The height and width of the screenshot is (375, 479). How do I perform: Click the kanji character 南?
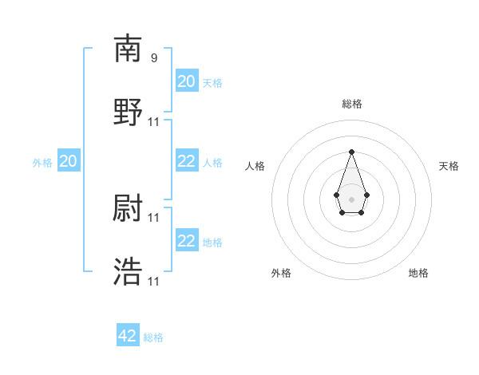[x=128, y=49]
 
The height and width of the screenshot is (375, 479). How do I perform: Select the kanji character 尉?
[x=128, y=209]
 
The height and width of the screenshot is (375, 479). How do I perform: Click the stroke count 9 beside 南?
[x=154, y=58]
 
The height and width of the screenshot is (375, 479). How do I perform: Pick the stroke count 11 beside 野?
[x=154, y=122]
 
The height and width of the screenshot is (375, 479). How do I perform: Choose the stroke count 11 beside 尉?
[x=154, y=217]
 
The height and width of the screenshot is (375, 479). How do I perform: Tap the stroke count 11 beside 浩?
[x=154, y=281]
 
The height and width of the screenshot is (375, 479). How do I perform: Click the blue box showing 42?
[x=128, y=336]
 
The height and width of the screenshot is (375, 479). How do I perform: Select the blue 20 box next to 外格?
[x=69, y=162]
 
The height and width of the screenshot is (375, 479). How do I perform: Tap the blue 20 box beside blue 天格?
[x=187, y=81]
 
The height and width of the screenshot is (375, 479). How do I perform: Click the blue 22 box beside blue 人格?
[x=187, y=161]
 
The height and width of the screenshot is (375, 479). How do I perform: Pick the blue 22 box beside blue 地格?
[x=187, y=241]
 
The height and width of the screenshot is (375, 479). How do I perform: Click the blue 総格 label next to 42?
[x=153, y=337]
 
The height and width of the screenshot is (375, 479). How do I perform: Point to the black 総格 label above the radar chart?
[x=352, y=104]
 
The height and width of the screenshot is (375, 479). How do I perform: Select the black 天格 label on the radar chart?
[x=449, y=166]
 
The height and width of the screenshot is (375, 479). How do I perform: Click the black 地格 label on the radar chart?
[x=418, y=273]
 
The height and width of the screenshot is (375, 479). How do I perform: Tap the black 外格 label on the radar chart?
[x=281, y=273]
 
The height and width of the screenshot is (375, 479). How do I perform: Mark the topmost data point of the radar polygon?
[x=351, y=152]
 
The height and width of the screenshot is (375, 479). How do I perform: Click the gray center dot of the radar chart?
[x=351, y=199]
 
